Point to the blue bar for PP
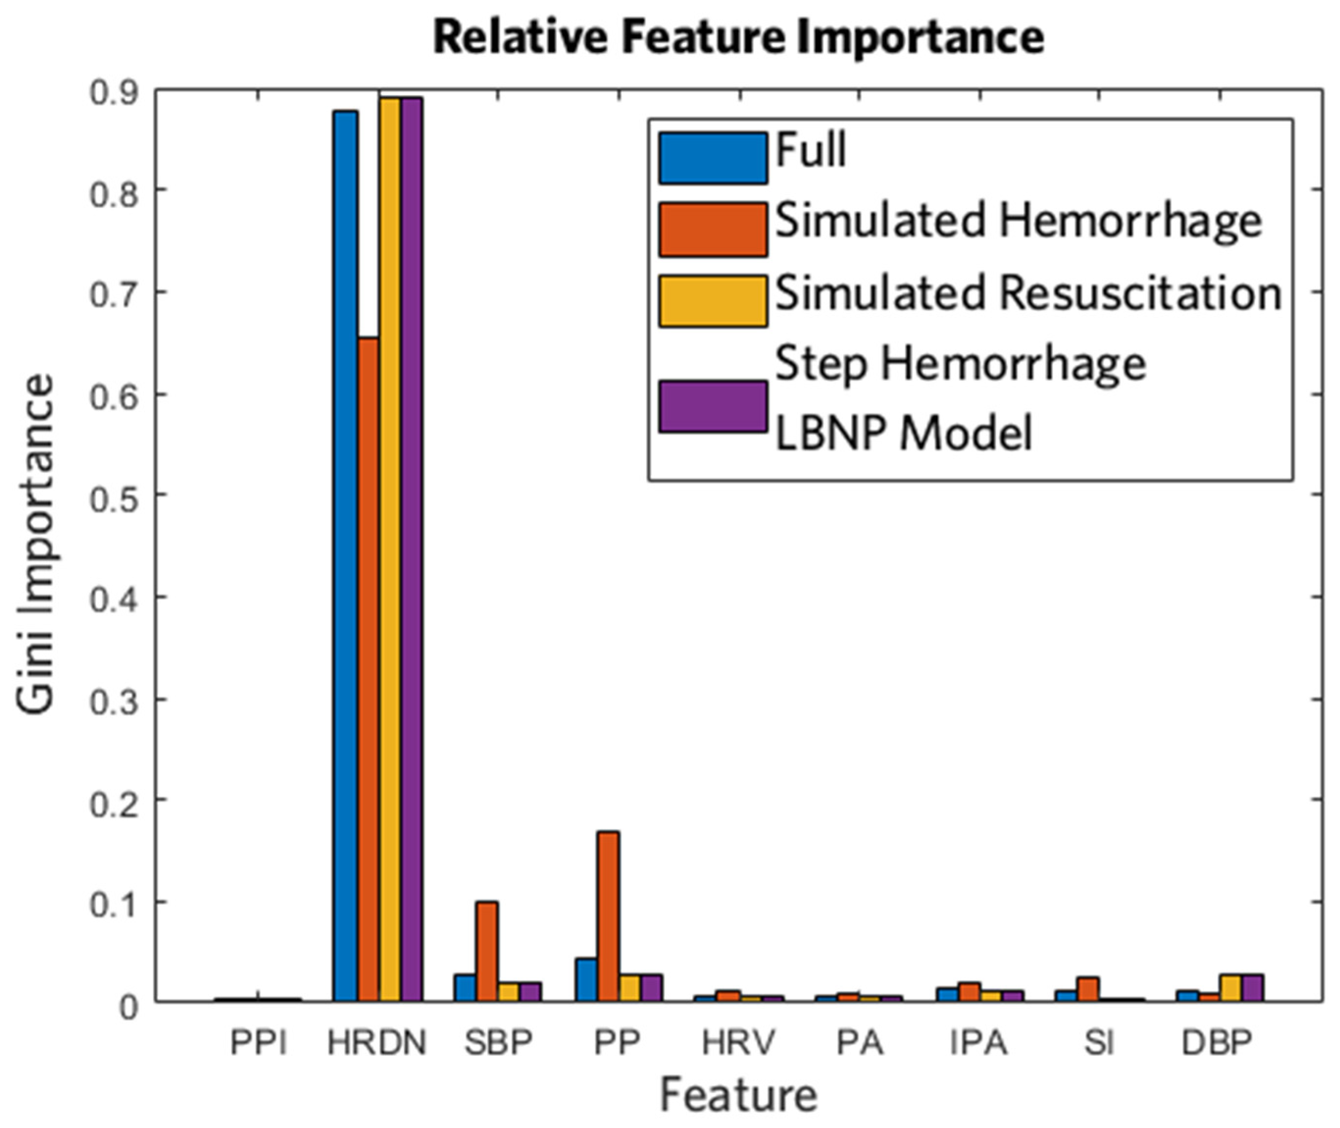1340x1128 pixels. pos(586,979)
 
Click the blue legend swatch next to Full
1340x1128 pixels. pos(713,158)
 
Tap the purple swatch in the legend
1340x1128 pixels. pos(713,407)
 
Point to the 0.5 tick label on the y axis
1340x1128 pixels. pos(114,500)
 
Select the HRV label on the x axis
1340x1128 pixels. pos(739,1043)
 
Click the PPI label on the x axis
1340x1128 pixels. pos(258,1043)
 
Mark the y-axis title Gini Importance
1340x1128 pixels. pos(36,544)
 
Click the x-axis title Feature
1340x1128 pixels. pos(739,1095)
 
